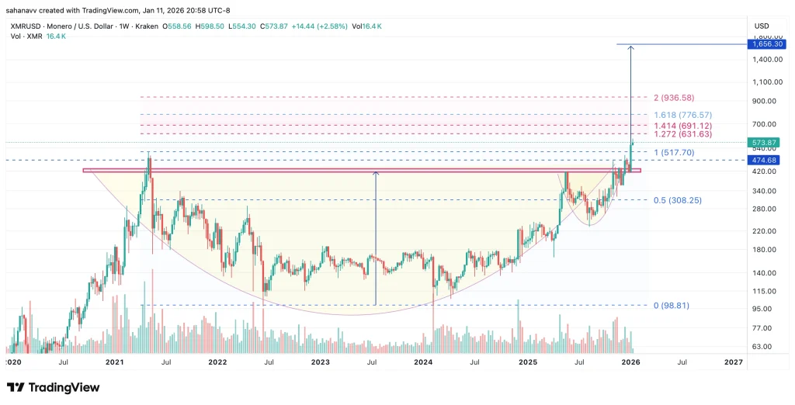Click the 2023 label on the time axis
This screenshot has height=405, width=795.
[320, 362]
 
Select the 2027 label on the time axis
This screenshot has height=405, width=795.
[733, 362]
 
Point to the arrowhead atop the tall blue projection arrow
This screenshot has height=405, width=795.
[630, 48]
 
